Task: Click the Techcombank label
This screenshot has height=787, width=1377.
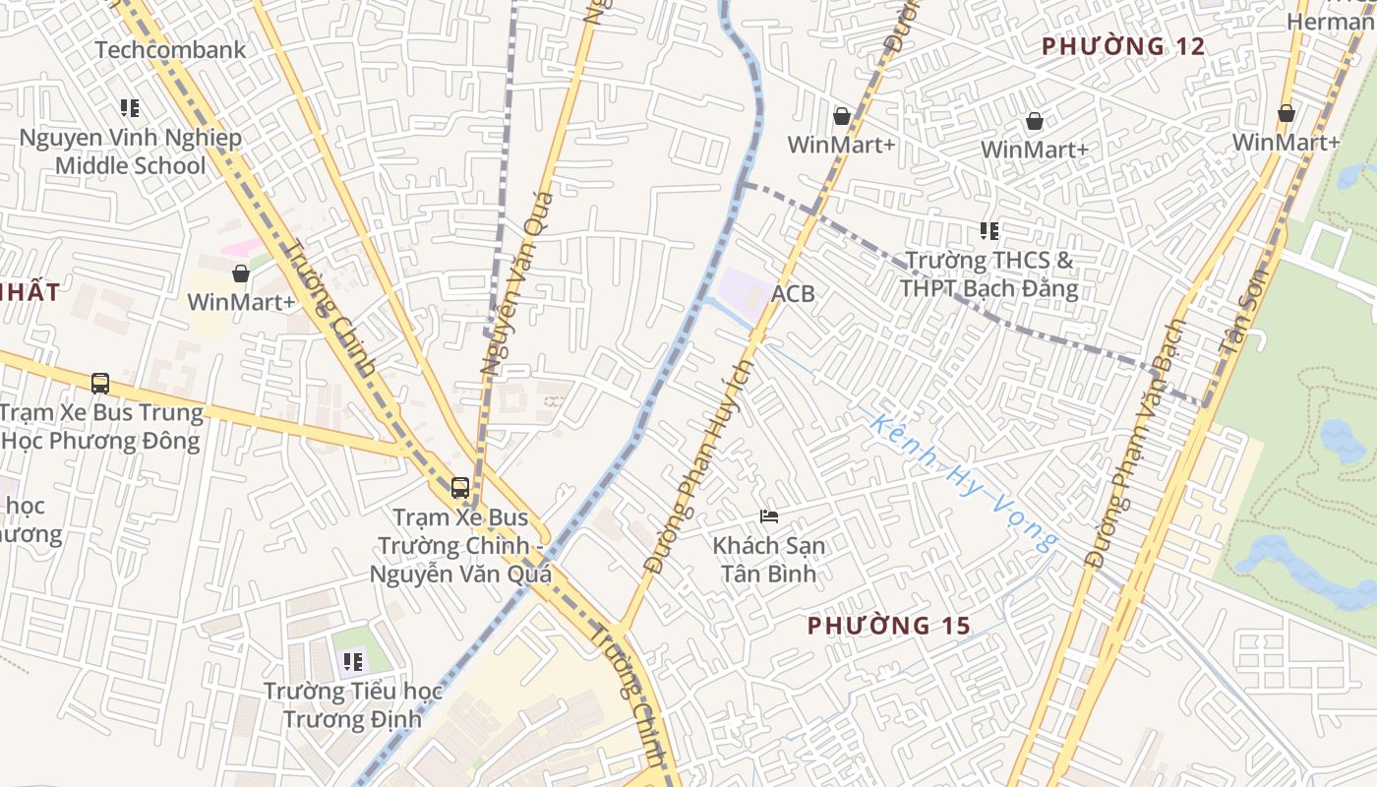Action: click(x=170, y=49)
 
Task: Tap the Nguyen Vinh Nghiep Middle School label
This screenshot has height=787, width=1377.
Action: click(x=130, y=151)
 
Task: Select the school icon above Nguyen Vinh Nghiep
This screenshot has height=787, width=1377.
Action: click(x=130, y=107)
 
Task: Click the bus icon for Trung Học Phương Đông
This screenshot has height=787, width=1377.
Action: click(x=99, y=383)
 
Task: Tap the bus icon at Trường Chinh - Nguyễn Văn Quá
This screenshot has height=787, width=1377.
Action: click(x=459, y=487)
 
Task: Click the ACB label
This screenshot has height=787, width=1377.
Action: click(x=793, y=294)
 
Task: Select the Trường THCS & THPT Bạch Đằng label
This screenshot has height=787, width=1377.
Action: click(x=988, y=274)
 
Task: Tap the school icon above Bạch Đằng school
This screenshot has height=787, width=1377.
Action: click(x=988, y=231)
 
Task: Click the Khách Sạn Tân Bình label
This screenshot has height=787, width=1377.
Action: click(x=768, y=559)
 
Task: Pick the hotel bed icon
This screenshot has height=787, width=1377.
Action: click(x=768, y=515)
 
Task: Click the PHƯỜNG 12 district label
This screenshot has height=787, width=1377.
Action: click(x=1123, y=46)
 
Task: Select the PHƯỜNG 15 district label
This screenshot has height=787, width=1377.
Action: click(x=889, y=625)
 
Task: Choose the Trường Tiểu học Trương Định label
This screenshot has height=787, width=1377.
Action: click(x=352, y=704)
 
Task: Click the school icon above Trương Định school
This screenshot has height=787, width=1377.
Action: click(x=352, y=661)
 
